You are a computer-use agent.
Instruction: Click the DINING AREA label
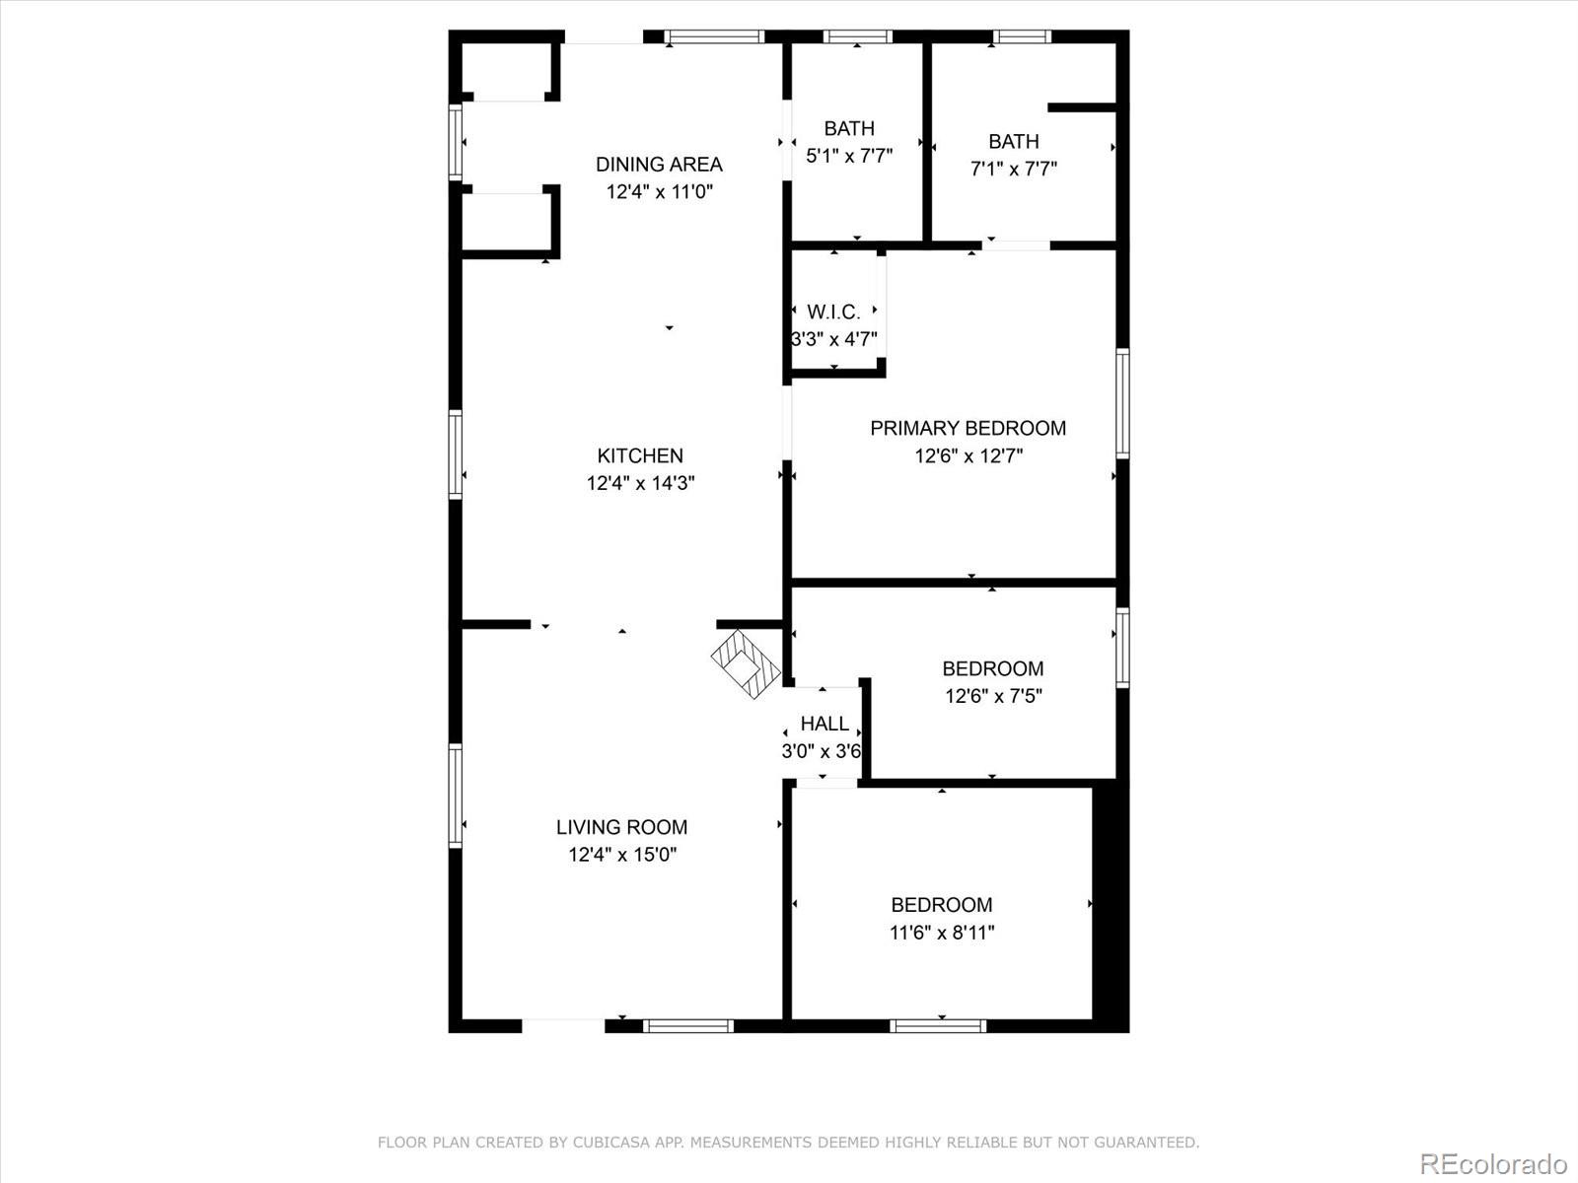(659, 165)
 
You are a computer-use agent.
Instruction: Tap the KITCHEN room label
(640, 455)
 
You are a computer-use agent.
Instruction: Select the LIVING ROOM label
(621, 827)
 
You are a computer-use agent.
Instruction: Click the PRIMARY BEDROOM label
(968, 428)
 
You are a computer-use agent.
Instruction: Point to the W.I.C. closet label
(833, 313)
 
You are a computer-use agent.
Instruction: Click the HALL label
(825, 724)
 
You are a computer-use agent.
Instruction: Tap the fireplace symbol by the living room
(746, 663)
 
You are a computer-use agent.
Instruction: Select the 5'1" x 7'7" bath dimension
(849, 156)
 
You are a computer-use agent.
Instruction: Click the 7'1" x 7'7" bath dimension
(1014, 169)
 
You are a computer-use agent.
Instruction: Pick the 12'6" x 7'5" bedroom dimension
(993, 696)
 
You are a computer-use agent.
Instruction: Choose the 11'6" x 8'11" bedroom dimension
(942, 933)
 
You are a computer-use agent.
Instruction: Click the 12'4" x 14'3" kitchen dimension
(641, 483)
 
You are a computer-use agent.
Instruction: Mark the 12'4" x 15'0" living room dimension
(622, 855)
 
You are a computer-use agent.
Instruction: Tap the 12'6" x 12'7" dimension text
(968, 455)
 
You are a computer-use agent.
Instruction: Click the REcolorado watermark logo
(1493, 1163)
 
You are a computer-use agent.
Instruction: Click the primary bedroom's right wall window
(1122, 402)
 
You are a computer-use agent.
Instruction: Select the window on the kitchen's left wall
(456, 454)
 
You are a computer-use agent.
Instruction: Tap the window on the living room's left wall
(456, 796)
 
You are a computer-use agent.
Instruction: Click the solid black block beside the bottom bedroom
(1110, 902)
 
